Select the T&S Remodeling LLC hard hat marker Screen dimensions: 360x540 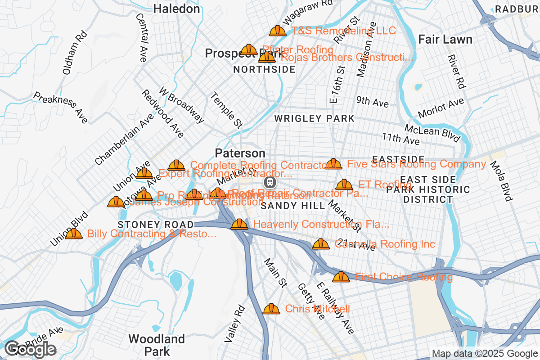277,31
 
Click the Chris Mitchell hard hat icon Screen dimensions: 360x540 271,309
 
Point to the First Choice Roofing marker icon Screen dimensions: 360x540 341,277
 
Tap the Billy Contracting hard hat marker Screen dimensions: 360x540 74,234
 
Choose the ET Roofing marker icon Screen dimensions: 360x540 344,184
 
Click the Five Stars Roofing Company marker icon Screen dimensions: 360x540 333,164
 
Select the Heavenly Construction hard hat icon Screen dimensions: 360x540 239,224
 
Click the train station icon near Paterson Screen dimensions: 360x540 270,182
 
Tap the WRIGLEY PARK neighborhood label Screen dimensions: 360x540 315,119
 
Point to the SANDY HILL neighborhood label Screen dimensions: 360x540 293,206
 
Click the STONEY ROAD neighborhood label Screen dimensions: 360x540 155,224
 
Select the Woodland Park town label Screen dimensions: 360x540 156,345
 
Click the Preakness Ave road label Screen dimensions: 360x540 60,108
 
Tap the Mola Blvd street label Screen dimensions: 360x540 500,181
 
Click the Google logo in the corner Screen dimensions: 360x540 30,349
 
